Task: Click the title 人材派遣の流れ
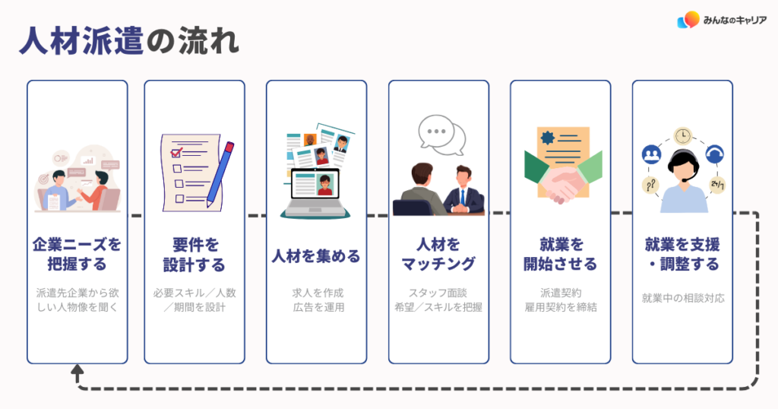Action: coord(130,41)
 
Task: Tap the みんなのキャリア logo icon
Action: coord(688,21)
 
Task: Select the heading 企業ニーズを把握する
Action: coord(77,255)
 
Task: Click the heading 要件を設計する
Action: coord(194,255)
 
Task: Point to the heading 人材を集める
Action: coord(316,255)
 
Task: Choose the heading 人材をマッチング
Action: coord(438,255)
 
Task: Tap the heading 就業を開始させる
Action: coord(561,255)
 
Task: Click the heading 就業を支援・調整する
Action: coord(682,255)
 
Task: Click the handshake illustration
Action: coord(561,185)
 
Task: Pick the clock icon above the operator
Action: coord(682,136)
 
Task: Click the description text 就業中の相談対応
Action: coord(682,298)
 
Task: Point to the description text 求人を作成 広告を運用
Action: coord(316,300)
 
